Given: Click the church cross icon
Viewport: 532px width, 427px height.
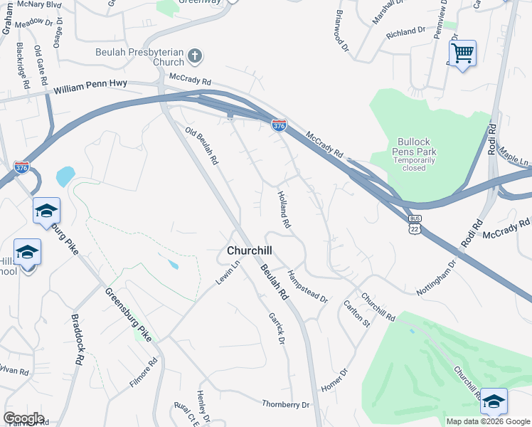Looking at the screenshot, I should (x=196, y=54).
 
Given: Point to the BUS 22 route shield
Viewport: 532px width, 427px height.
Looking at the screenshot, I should (x=415, y=224).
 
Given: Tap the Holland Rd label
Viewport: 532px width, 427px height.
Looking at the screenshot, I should (x=284, y=209).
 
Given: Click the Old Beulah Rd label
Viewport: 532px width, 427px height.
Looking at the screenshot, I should (x=201, y=146).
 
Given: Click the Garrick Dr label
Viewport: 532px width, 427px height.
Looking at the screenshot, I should (x=276, y=328).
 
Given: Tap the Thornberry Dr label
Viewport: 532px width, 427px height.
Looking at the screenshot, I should (x=286, y=404).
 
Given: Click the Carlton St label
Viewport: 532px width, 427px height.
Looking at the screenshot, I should (x=357, y=313).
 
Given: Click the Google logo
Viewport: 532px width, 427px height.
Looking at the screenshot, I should (x=23, y=418).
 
